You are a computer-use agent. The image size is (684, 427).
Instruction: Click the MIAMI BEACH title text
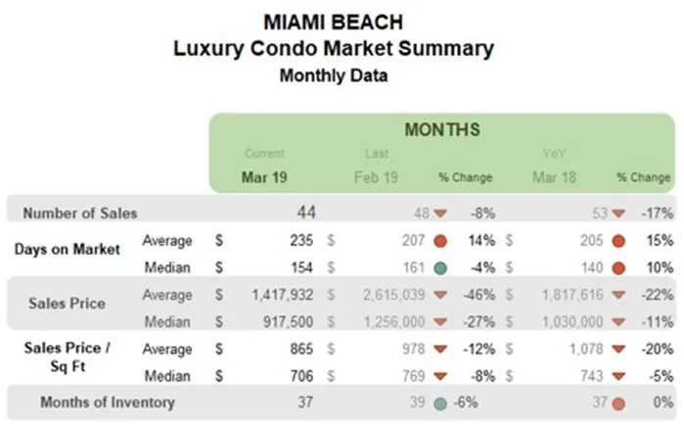pos(332,21)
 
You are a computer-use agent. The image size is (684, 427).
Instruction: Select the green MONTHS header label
pos(441,129)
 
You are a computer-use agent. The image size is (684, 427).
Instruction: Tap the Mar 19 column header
pos(264,177)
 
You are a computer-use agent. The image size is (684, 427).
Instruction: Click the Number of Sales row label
pos(80,213)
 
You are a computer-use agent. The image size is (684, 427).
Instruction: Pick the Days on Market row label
pos(68,250)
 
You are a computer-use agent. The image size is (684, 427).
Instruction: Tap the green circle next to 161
pos(441,267)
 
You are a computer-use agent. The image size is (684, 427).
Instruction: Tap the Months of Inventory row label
pos(107,403)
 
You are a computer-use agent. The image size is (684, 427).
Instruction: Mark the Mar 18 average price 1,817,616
pos(565,294)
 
